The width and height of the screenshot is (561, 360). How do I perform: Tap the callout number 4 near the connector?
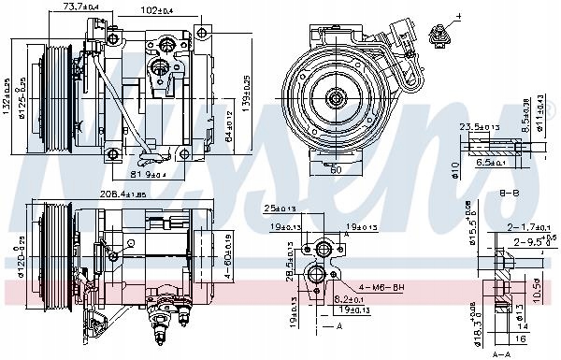(461, 17)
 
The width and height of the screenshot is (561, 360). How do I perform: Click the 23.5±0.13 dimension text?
(478, 128)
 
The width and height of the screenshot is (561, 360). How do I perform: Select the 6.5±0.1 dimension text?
(492, 163)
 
